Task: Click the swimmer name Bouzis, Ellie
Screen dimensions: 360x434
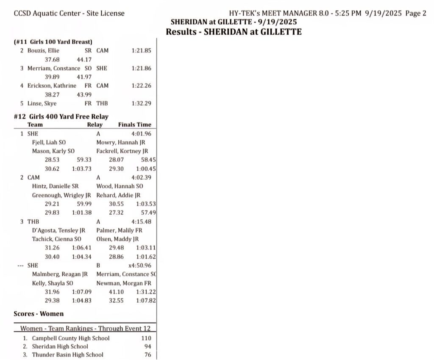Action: tap(46, 50)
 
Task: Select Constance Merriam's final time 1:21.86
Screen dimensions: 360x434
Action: tap(142, 68)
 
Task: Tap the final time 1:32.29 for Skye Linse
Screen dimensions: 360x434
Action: tap(142, 103)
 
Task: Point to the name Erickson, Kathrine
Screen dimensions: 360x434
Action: tap(55, 86)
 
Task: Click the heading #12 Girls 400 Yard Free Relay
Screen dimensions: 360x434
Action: tap(61, 116)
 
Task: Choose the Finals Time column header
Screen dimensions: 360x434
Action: tap(134, 125)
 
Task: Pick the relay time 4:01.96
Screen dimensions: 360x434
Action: tap(142, 134)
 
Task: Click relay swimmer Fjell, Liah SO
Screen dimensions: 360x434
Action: tap(49, 142)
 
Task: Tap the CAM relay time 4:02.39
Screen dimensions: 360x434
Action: tap(142, 177)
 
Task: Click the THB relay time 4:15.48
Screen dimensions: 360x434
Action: tap(142, 222)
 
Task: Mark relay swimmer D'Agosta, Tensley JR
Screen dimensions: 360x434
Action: tap(58, 230)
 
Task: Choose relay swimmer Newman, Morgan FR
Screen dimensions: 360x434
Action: tap(124, 283)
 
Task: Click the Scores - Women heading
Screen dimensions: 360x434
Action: tap(39, 314)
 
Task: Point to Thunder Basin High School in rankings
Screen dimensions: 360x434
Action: tap(67, 354)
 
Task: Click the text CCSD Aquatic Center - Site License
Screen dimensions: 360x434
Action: tap(69, 13)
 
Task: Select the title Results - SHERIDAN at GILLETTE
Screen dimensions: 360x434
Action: tap(234, 32)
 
